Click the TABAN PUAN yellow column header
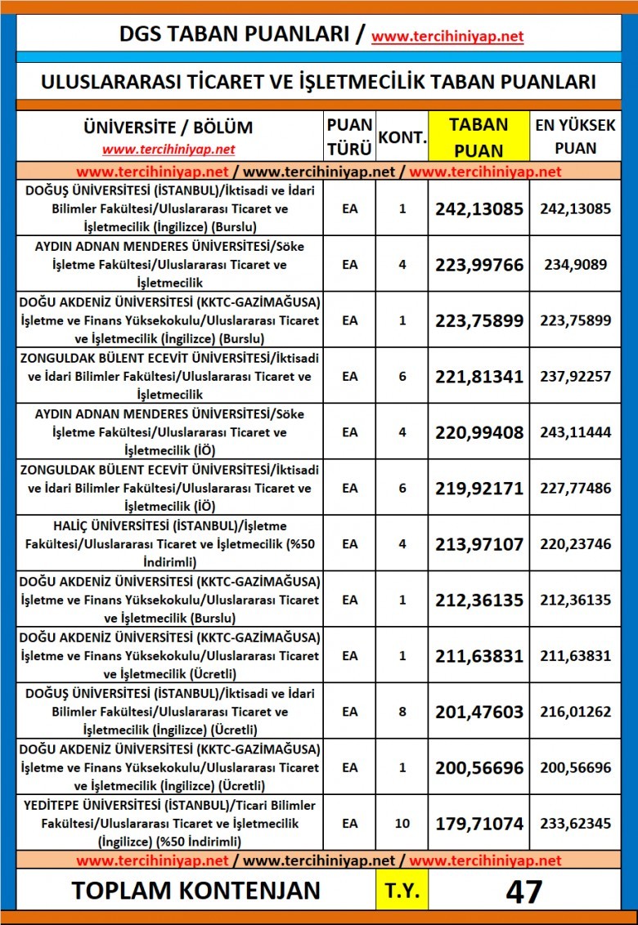[x=478, y=136]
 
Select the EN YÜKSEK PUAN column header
[x=575, y=136]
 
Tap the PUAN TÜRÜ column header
[x=349, y=136]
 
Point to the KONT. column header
[x=402, y=137]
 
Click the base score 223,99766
[x=478, y=265]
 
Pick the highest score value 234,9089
[x=575, y=265]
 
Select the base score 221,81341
[x=478, y=377]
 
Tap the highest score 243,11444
[x=575, y=432]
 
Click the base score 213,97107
[x=478, y=543]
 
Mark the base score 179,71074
[x=478, y=823]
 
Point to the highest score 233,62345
[x=575, y=823]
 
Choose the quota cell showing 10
[x=402, y=823]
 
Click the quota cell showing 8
[x=402, y=712]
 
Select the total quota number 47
[x=523, y=891]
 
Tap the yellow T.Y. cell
[x=402, y=891]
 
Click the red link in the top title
[x=447, y=37]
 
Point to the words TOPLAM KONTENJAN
[x=195, y=891]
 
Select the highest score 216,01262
[x=575, y=712]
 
